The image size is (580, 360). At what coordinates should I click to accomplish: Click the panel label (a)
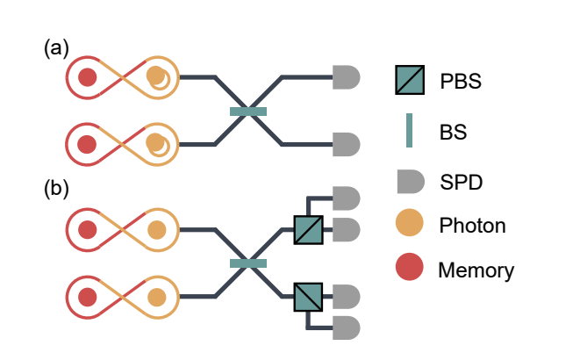point(56,48)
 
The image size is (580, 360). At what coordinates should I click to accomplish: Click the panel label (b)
point(56,189)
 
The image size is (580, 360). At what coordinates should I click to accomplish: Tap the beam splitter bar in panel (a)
point(247,111)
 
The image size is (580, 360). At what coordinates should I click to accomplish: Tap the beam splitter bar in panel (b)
point(247,263)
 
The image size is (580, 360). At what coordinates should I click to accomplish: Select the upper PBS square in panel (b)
point(309,230)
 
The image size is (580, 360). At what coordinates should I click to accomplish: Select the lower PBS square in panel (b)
point(309,296)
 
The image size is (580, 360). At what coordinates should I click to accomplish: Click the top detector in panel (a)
point(347,77)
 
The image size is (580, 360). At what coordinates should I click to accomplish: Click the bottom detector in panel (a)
point(347,143)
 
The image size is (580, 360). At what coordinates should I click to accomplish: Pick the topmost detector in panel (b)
point(347,198)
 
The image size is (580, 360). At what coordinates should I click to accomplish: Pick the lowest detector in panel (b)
point(347,328)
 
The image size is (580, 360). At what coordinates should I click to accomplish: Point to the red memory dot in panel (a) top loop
point(87,77)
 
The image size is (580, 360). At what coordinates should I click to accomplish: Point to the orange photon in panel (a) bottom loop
point(156,143)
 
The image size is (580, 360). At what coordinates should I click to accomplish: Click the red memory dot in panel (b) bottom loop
point(87,296)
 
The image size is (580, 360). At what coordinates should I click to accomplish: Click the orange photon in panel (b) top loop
point(157,230)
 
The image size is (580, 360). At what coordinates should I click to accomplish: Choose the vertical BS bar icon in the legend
point(409,132)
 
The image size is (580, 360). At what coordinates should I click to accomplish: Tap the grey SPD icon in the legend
point(410,181)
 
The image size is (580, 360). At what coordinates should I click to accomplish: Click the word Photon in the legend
point(472,226)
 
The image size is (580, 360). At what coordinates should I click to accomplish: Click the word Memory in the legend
point(476,270)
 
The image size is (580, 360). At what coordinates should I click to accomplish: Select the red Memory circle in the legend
point(410,268)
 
